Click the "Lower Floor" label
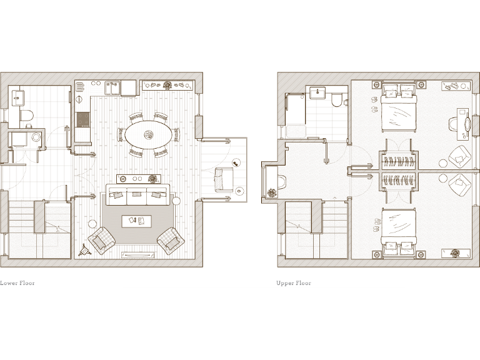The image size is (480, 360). click(x=17, y=283)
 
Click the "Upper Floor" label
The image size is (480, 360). click(x=294, y=283)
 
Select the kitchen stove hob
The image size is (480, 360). click(x=83, y=119)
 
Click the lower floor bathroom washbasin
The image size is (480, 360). click(x=18, y=97)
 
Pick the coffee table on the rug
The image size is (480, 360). click(x=136, y=221)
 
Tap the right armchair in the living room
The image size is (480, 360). click(x=170, y=239)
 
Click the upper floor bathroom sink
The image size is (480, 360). click(x=317, y=94)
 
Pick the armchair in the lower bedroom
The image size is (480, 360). click(x=459, y=183)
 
